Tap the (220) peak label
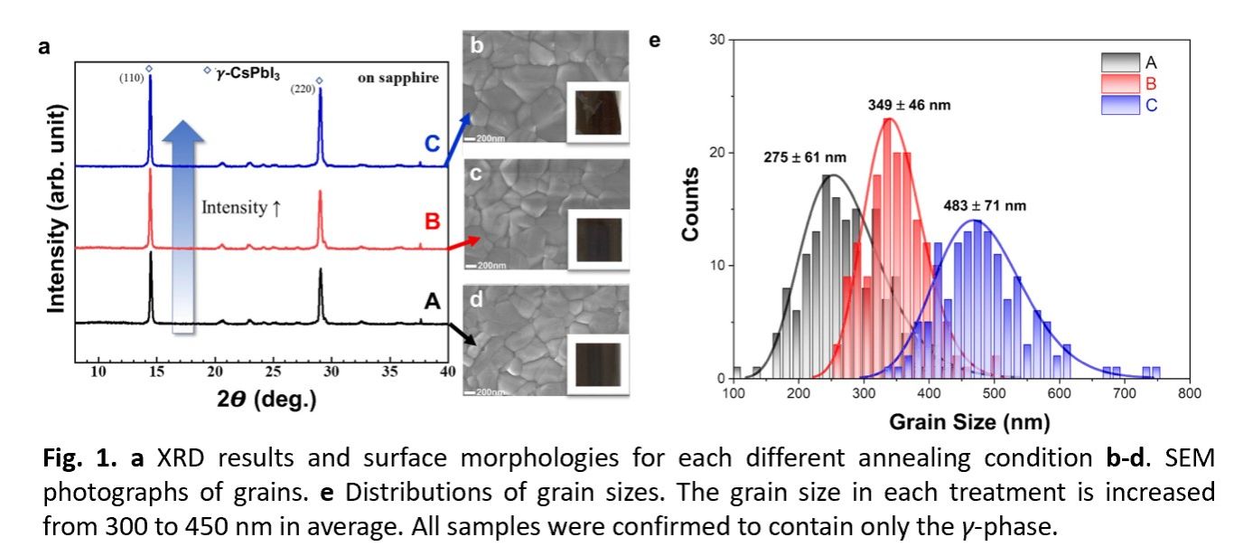(x=302, y=89)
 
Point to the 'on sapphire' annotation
(x=398, y=78)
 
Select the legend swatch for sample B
(x=1121, y=84)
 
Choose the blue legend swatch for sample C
(x=1121, y=105)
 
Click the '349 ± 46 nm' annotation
(x=904, y=105)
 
